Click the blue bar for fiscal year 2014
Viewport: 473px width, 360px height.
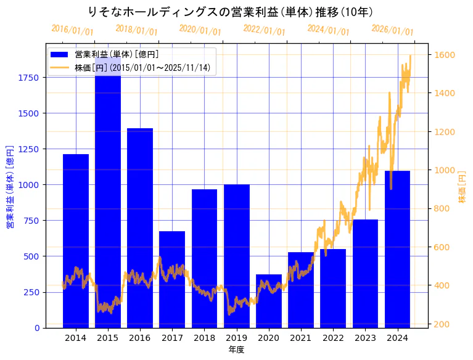(76, 240)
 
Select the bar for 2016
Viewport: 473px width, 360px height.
(140, 227)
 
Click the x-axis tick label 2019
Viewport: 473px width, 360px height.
(236, 338)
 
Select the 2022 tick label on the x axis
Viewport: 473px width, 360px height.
(333, 338)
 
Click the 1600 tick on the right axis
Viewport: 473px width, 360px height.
(445, 55)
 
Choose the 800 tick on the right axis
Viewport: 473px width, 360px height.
(442, 209)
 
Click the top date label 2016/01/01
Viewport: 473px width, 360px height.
(72, 30)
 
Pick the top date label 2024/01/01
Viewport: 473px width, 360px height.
(328, 30)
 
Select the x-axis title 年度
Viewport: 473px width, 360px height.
(236, 350)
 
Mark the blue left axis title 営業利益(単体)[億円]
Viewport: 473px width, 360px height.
(10, 187)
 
